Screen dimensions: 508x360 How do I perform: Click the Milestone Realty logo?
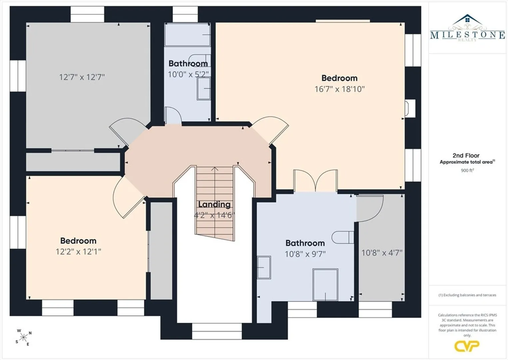pos(467,28)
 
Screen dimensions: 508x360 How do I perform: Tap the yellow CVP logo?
pos(467,346)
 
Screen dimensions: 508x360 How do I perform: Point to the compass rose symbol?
pos(23,337)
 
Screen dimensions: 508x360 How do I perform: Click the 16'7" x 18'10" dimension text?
pos(339,89)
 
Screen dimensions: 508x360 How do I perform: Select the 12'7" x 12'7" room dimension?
pos(82,77)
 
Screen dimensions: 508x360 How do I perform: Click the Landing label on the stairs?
pos(214,204)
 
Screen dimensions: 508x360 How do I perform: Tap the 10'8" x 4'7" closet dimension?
pos(382,253)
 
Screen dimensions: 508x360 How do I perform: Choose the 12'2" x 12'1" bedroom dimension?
pos(78,252)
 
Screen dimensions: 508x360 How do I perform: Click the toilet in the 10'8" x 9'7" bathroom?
pos(342,237)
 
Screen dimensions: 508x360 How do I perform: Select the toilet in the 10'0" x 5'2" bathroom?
pos(200,60)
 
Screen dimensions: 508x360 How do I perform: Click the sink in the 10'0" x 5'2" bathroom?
pos(204,89)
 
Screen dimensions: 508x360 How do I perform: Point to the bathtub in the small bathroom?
pos(187,35)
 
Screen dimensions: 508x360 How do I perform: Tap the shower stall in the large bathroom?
pos(325,285)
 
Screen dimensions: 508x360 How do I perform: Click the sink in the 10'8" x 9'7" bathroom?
pos(264,267)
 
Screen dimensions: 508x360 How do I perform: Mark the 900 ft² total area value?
pos(467,170)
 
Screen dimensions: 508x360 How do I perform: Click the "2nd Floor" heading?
pos(466,155)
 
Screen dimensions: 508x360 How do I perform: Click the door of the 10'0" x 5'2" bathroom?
pos(173,116)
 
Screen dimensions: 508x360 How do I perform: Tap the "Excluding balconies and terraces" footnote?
pos(467,295)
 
